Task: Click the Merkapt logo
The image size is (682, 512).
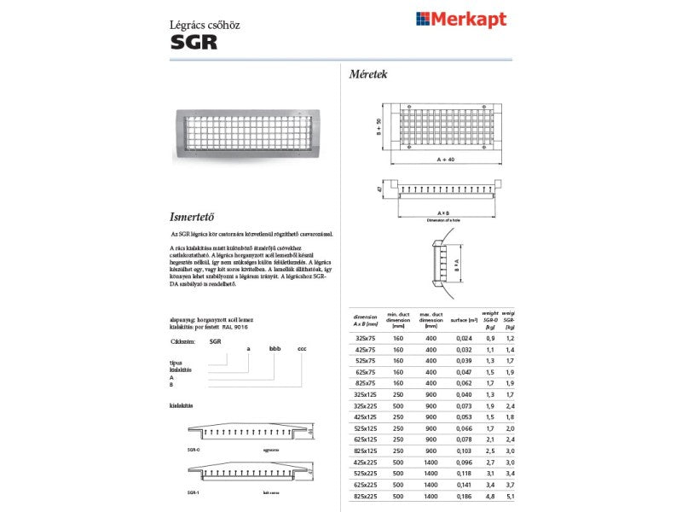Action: point(460,19)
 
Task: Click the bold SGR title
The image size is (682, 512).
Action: point(194,43)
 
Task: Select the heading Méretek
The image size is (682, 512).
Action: point(368,74)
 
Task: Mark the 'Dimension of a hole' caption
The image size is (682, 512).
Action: point(443,220)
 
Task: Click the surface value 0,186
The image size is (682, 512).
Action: point(463,495)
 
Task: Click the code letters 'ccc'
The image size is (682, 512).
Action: point(302,350)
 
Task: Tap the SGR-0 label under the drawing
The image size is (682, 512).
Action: point(194,447)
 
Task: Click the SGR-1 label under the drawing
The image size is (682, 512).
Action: point(194,492)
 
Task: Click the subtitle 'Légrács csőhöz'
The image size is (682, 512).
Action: point(205,25)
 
